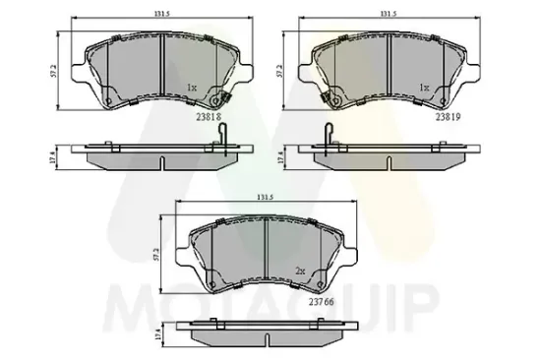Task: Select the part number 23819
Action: click(434, 115)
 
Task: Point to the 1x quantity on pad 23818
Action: click(193, 88)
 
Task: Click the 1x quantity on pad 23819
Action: click(424, 88)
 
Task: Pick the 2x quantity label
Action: click(300, 269)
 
